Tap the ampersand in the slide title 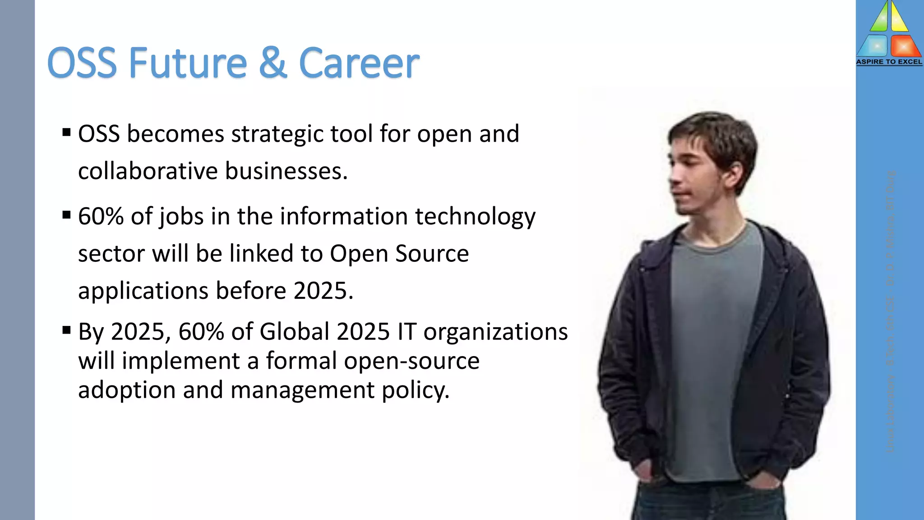coord(273,63)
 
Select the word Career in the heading coord(359,63)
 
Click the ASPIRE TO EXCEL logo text coord(889,62)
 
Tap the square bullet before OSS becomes coord(67,133)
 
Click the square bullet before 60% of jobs coord(67,215)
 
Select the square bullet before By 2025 coord(67,330)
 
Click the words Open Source coord(399,253)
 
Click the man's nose coord(674,175)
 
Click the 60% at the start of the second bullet coord(101,216)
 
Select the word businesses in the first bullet coord(286,171)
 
